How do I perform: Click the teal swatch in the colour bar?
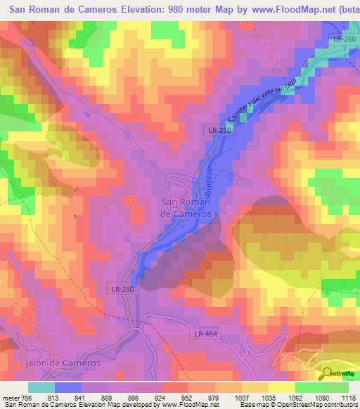(x=41, y=387)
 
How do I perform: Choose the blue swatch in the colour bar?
(x=68, y=387)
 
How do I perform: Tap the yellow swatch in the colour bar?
(x=281, y=387)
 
